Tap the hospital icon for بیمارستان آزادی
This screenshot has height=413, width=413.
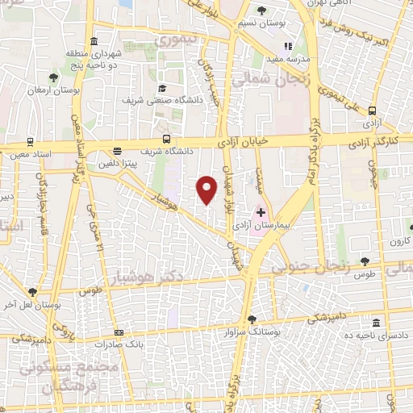point(261,212)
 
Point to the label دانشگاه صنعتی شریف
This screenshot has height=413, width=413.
point(156,102)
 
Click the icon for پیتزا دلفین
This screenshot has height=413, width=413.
point(118,150)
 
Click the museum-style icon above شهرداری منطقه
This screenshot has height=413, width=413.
point(94,41)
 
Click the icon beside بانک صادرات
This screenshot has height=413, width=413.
point(119,332)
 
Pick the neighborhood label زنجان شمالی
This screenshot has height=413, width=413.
point(260,80)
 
